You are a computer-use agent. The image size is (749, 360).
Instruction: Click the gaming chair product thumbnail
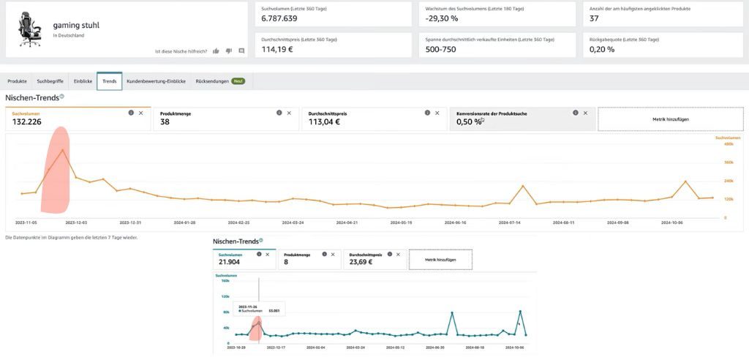pyautogui.click(x=30, y=30)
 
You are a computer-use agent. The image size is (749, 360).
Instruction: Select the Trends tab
pyautogui.click(x=109, y=81)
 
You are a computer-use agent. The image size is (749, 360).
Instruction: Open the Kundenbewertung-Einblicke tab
pyautogui.click(x=156, y=81)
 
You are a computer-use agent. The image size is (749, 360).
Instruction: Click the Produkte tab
pyautogui.click(x=18, y=81)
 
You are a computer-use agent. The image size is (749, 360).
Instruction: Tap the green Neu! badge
pyautogui.click(x=238, y=81)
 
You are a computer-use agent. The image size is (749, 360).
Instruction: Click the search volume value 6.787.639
pyautogui.click(x=279, y=18)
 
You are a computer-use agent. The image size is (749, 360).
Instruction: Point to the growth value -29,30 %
pyautogui.click(x=442, y=18)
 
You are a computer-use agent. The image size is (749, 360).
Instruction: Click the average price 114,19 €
pyautogui.click(x=276, y=50)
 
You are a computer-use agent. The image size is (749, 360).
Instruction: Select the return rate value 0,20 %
pyautogui.click(x=602, y=50)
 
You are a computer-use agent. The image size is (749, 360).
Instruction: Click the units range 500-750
pyautogui.click(x=440, y=50)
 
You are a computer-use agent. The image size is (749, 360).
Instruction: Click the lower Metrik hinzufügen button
pyautogui.click(x=440, y=260)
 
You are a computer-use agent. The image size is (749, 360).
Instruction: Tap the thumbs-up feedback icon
pyautogui.click(x=216, y=50)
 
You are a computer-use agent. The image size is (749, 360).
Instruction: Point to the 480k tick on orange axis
pyautogui.click(x=729, y=144)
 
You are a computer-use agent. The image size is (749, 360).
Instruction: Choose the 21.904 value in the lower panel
pyautogui.click(x=230, y=263)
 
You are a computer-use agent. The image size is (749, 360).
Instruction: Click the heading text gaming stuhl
pyautogui.click(x=76, y=25)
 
